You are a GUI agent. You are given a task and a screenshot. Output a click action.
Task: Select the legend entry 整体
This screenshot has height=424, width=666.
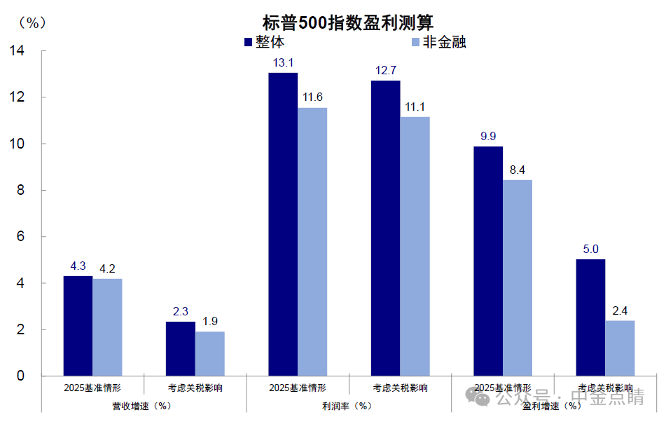(263, 42)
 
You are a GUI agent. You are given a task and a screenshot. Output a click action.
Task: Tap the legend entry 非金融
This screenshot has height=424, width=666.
(437, 42)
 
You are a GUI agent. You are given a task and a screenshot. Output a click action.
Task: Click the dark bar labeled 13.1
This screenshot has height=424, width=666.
(283, 224)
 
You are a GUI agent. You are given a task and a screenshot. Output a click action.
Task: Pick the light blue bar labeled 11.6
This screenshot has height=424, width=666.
(312, 242)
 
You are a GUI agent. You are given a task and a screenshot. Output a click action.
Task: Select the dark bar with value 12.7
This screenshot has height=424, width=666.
(385, 228)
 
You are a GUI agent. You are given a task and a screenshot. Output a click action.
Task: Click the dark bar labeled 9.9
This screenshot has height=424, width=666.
(487, 261)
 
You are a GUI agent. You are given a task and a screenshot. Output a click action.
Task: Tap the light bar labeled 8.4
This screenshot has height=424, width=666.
(517, 278)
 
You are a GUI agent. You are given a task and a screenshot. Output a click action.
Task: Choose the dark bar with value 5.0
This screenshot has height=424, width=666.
(590, 317)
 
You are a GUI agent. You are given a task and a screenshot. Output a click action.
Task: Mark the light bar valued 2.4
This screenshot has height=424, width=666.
(619, 348)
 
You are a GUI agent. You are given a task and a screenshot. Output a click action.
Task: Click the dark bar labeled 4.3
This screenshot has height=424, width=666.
(78, 326)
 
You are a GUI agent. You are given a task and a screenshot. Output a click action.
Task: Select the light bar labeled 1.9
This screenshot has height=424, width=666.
(209, 354)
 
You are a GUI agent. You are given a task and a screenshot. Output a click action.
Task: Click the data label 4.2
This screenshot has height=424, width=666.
(107, 267)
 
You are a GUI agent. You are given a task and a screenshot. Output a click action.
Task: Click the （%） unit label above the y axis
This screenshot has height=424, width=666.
(32, 22)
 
